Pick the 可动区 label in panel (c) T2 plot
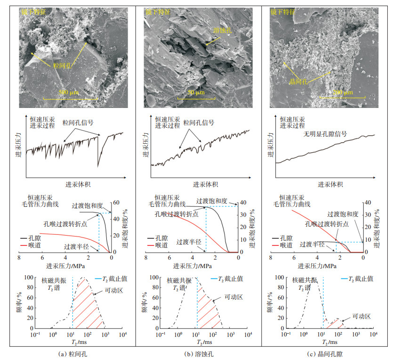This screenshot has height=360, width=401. coord(362,316)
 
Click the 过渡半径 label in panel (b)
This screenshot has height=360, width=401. coord(189,242)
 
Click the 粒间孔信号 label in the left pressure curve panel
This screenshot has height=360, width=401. coord(79,123)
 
